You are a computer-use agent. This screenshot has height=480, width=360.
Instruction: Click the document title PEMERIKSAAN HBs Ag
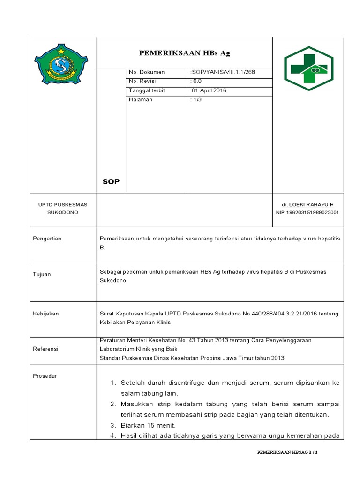coord(184,53)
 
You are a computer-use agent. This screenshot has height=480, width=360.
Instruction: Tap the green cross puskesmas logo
coord(308,68)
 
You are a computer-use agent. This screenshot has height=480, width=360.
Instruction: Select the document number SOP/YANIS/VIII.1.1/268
coord(222,72)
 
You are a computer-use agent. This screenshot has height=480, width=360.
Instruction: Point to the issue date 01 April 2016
coord(208,90)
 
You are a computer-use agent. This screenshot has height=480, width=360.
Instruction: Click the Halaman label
coord(141,99)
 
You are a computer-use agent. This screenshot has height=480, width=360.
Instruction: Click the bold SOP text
coord(111,182)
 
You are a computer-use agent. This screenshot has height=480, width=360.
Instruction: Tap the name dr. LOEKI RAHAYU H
coord(307,205)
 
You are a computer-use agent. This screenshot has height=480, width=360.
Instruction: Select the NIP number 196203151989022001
coord(307,212)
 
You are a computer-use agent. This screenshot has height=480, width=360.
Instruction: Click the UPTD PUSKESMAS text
coord(62,205)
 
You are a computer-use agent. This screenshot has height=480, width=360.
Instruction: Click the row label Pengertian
coord(47,239)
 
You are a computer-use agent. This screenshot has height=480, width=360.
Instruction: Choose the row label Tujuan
coord(42,274)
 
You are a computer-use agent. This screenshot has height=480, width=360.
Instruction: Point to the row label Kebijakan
coord(45,314)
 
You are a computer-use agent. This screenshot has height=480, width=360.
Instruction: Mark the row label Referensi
coord(45,349)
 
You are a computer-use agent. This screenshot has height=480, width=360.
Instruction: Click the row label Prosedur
coord(45,376)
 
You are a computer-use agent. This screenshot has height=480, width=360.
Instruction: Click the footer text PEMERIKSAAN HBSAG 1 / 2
coord(287,453)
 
